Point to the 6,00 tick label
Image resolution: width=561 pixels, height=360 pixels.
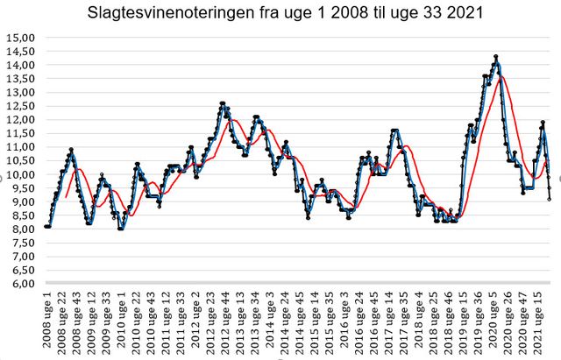(21, 284)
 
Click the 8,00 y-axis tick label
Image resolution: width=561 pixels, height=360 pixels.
(21, 229)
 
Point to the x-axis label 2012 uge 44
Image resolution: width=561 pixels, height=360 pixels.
(225, 321)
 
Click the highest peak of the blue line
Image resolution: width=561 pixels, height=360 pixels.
(496, 57)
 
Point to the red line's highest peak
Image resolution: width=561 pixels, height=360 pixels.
(501, 77)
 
